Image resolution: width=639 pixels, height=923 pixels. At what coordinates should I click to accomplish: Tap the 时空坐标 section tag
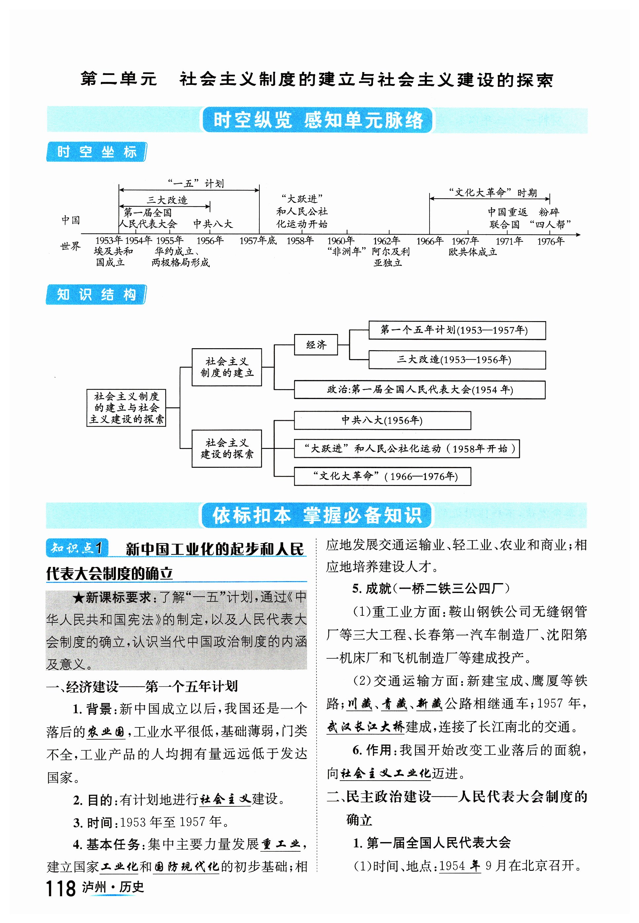click(x=96, y=152)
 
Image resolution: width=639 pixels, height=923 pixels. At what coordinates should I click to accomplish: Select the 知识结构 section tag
click(x=96, y=295)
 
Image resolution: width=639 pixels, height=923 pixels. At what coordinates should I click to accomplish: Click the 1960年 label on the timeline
click(x=341, y=241)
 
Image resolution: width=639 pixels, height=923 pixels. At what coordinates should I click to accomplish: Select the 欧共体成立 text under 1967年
click(x=472, y=252)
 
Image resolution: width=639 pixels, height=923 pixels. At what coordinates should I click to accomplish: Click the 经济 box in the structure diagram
click(x=316, y=345)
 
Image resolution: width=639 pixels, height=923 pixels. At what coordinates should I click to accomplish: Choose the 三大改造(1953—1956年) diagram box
click(x=457, y=360)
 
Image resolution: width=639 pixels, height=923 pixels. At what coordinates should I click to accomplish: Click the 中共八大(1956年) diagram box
click(x=382, y=420)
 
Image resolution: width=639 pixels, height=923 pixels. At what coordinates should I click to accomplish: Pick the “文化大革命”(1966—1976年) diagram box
click(x=382, y=476)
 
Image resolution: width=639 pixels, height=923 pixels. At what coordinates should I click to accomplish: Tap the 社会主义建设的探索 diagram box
click(x=227, y=448)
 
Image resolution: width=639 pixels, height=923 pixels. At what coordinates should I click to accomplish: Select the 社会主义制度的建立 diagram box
click(x=227, y=367)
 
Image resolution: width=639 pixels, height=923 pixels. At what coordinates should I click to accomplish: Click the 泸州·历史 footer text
click(x=113, y=887)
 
